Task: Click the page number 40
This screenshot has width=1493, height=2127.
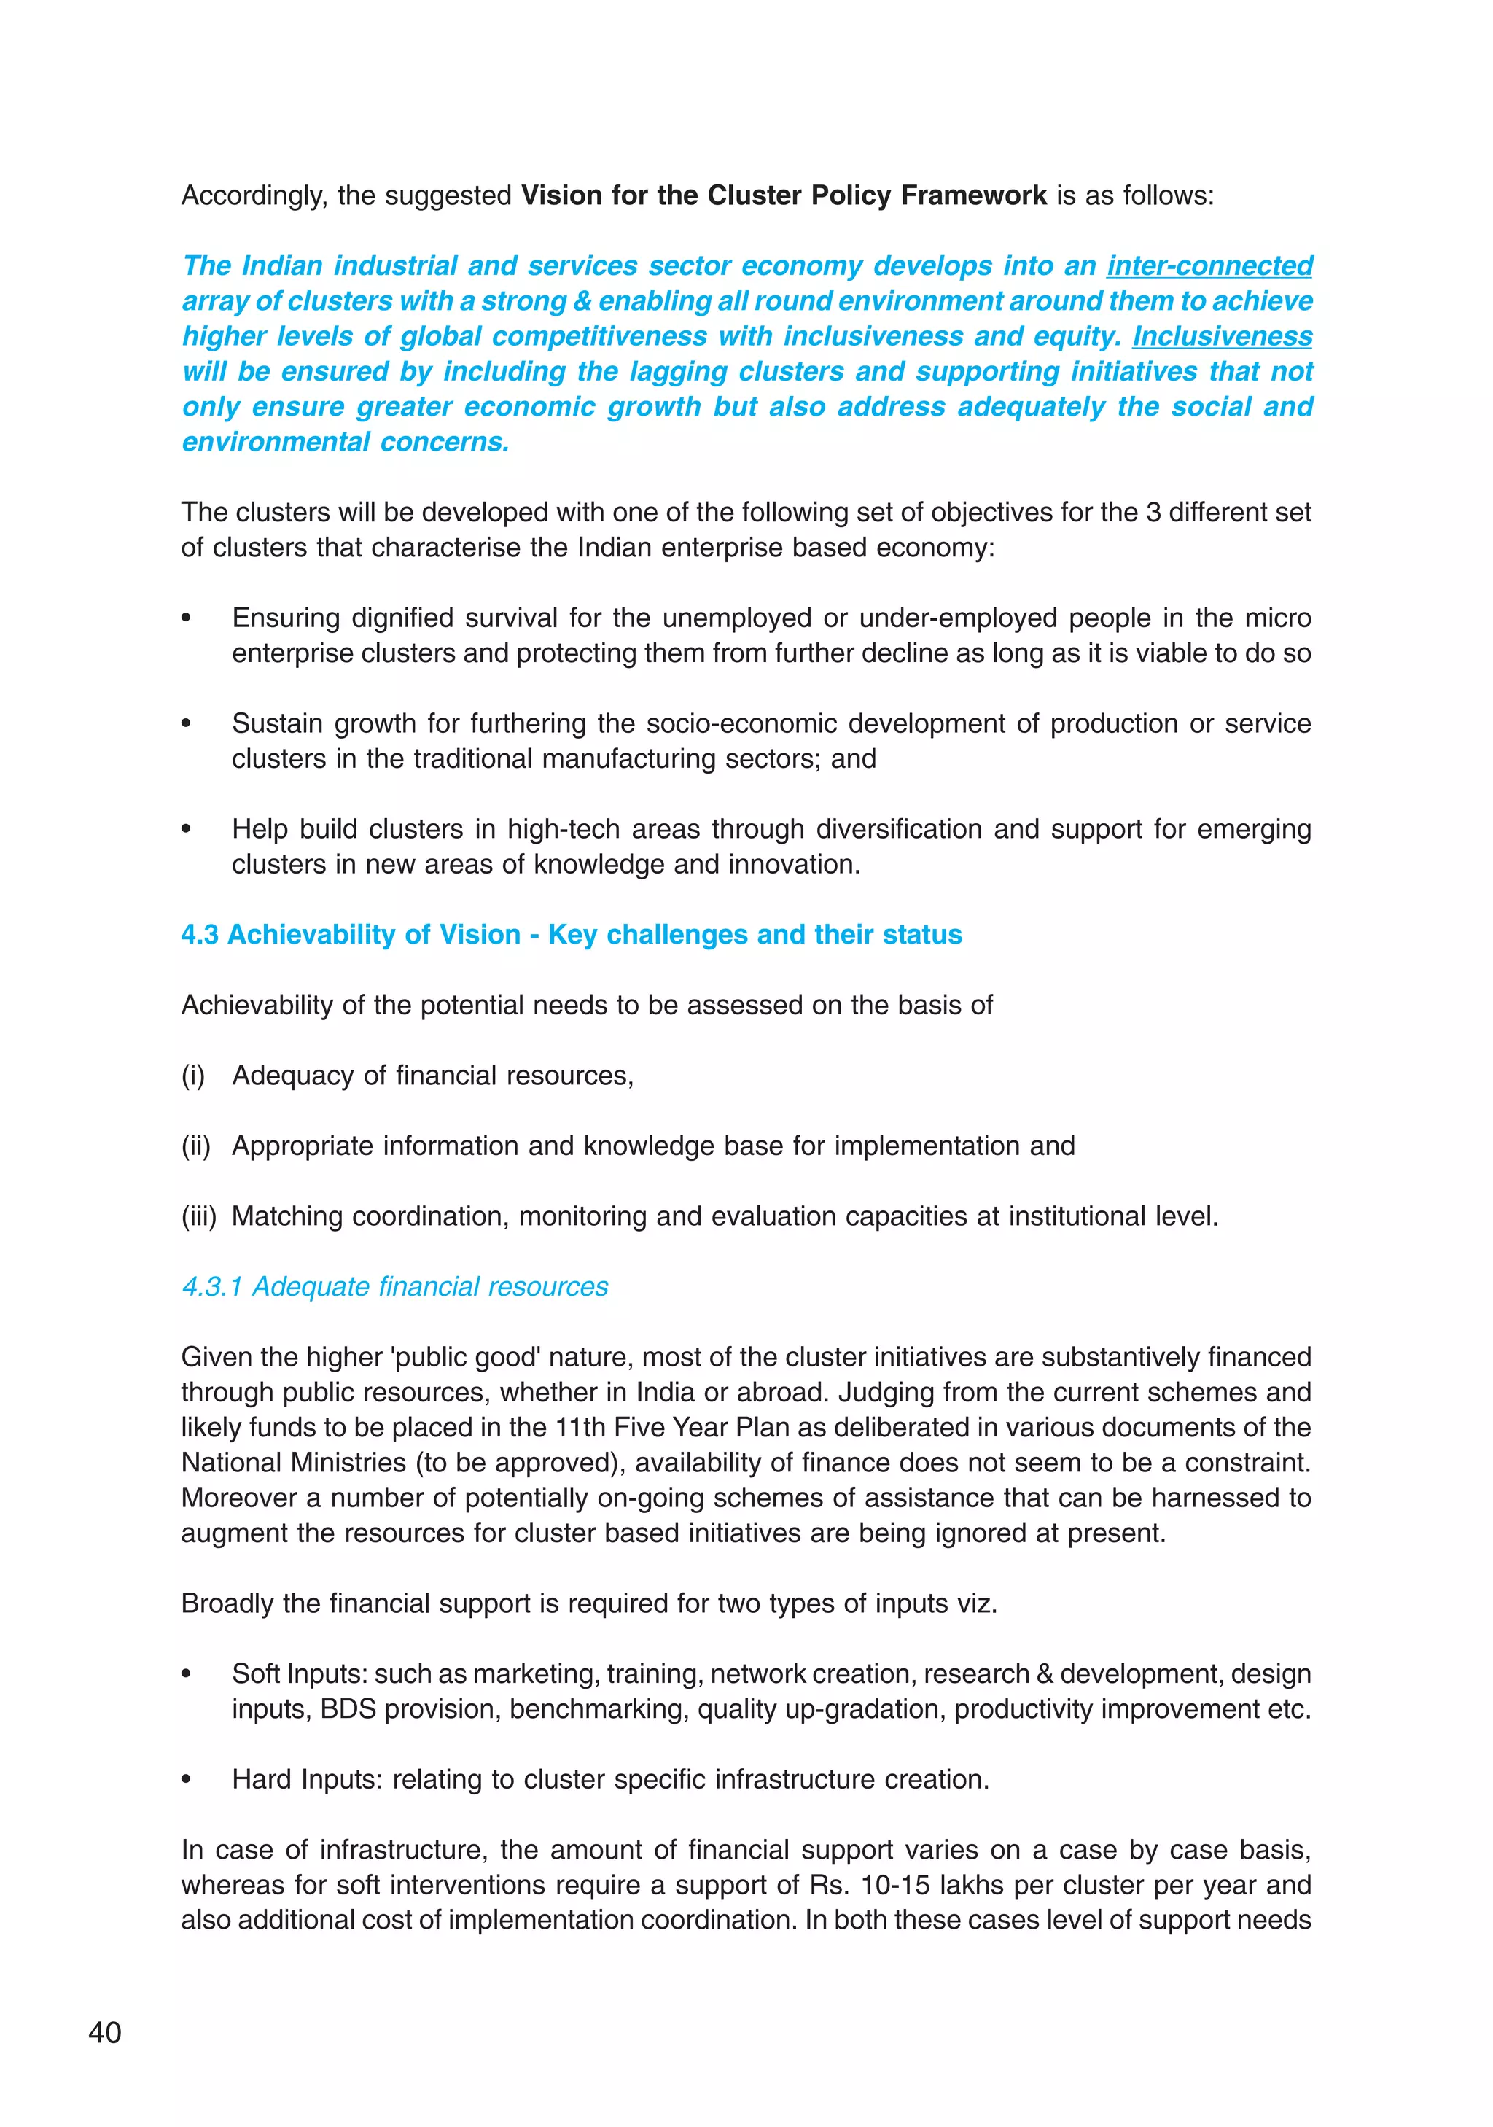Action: point(105,2032)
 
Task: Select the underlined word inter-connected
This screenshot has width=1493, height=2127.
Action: point(1209,266)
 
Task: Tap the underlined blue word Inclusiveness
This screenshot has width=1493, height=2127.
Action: point(1222,336)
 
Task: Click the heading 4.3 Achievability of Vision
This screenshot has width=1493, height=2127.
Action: point(571,935)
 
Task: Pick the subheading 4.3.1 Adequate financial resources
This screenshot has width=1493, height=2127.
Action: point(394,1287)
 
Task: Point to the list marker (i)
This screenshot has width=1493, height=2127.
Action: point(192,1076)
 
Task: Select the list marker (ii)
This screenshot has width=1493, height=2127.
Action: point(195,1146)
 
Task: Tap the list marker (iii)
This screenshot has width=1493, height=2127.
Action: point(198,1216)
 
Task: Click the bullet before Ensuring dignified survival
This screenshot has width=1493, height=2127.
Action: point(186,618)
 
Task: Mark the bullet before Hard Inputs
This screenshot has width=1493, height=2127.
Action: point(186,1780)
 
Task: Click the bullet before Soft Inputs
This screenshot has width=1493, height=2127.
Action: point(186,1674)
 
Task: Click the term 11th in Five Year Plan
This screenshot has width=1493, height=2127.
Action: point(580,1428)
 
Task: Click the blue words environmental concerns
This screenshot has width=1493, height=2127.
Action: point(346,442)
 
